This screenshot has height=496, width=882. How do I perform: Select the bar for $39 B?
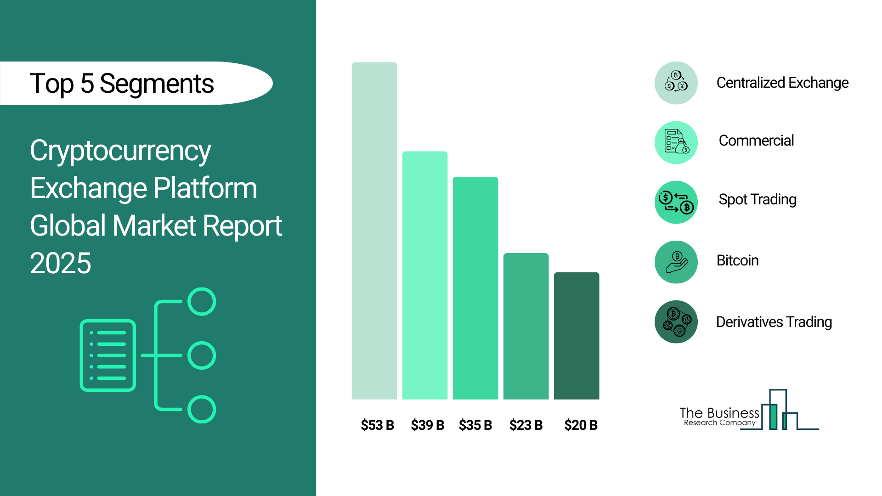424,275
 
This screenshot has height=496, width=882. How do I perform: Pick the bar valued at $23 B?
526,326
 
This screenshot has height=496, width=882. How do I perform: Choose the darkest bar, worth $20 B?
576,336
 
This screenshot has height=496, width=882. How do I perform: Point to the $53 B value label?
377,425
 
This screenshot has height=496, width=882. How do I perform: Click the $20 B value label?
581,425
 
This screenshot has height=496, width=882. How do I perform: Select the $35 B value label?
475,425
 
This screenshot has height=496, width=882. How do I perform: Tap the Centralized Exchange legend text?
782,83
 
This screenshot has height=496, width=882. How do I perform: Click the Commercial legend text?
756,141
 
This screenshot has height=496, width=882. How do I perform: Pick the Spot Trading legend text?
757,200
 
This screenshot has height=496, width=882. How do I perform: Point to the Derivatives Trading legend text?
774,322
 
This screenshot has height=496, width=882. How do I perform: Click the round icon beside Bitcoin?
676,262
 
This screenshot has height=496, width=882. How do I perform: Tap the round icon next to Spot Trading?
676,203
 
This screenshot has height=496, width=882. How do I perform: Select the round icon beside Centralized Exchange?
676,83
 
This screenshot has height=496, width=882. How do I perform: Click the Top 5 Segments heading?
122,84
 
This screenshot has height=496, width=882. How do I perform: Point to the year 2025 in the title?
61,263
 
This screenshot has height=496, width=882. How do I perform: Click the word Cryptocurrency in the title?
120,151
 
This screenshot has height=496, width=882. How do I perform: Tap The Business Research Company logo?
749,411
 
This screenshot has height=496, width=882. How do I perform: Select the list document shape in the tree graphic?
108,355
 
